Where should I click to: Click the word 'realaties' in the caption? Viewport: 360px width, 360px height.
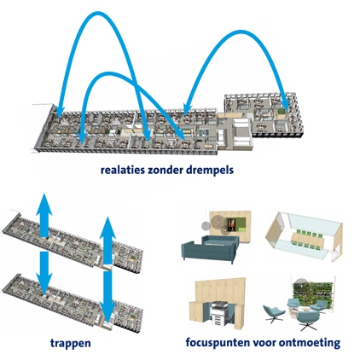pos(123,170)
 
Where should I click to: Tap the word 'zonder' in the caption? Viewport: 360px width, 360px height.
pos(165,170)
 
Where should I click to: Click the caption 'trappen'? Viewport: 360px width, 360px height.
pos(71,344)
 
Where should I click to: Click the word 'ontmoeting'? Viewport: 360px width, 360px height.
pos(310,343)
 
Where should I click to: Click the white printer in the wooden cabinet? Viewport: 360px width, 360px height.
pos(219,314)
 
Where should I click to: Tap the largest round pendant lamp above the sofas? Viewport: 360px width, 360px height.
pos(218,221)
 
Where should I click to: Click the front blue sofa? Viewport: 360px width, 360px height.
pos(209,250)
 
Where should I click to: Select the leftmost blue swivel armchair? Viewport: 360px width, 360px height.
pos(273,313)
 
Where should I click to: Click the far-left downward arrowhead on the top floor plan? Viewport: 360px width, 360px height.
pos(60,111)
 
